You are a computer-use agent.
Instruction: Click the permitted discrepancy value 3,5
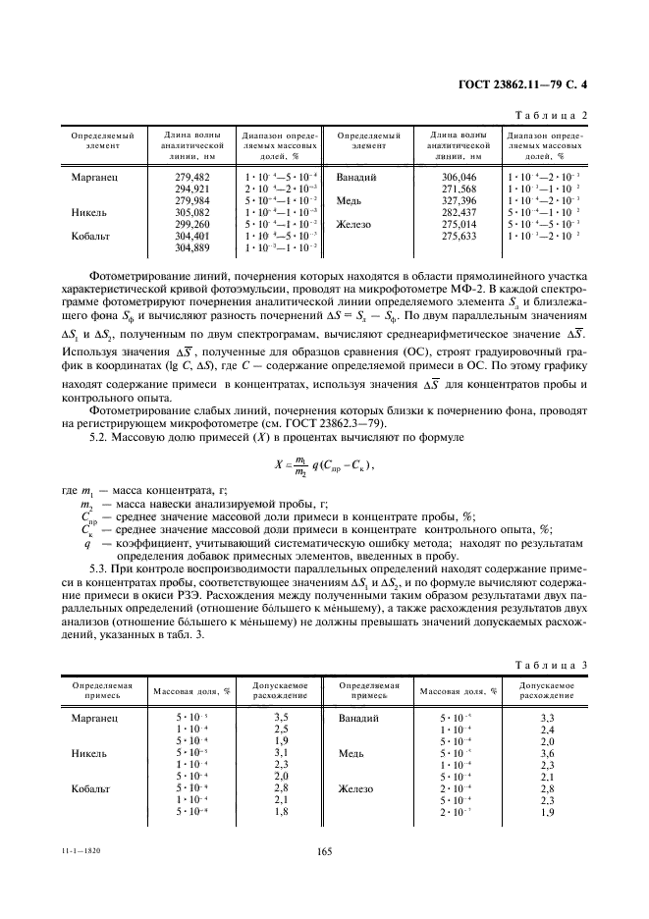(280, 718)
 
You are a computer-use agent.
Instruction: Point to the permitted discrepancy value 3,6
(548, 753)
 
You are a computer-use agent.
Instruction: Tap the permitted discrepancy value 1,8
(280, 812)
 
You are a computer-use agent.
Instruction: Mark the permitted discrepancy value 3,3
(548, 718)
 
